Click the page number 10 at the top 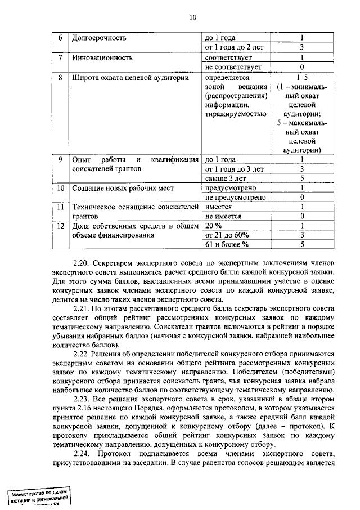[x=193, y=17]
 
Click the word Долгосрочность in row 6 [x=100, y=38]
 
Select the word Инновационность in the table [x=102, y=57]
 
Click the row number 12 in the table [x=60, y=226]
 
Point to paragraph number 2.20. [x=82, y=262]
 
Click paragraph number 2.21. [x=82, y=308]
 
